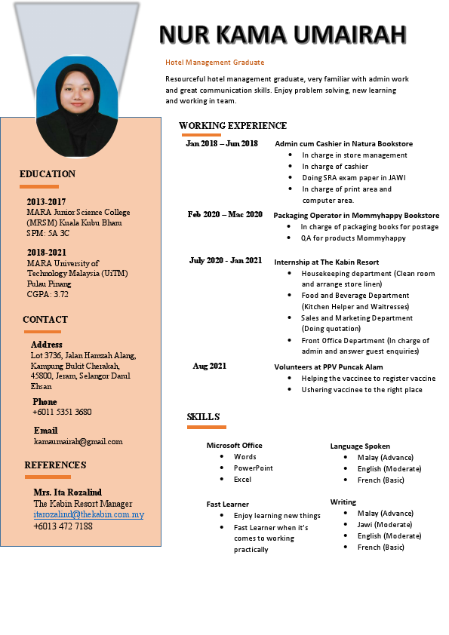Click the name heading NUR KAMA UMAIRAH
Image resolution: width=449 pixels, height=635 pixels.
(x=283, y=34)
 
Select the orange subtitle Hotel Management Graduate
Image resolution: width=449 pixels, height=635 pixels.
(x=215, y=63)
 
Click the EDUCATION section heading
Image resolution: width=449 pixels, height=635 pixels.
(x=48, y=174)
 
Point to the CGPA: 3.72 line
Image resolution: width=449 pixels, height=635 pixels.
(x=48, y=295)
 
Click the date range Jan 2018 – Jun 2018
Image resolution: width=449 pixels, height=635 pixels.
(x=222, y=143)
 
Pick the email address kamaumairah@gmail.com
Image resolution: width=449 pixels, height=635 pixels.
(x=78, y=441)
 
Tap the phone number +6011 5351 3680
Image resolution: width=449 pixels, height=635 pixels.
(x=62, y=412)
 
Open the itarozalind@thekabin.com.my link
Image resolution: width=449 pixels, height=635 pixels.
(x=88, y=514)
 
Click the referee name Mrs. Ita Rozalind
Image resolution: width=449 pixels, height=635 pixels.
(x=68, y=492)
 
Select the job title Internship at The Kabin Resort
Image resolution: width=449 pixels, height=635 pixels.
(x=326, y=262)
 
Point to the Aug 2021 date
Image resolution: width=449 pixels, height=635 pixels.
(x=209, y=367)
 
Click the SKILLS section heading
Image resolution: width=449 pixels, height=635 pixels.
(x=203, y=417)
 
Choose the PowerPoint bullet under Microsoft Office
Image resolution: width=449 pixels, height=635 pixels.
(x=254, y=468)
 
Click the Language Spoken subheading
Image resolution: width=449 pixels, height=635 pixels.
(x=360, y=446)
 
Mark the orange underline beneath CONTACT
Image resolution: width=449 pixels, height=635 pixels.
(x=42, y=332)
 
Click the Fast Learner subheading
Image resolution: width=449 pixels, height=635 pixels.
(x=228, y=504)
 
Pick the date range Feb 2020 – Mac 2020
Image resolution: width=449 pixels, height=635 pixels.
(x=225, y=215)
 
